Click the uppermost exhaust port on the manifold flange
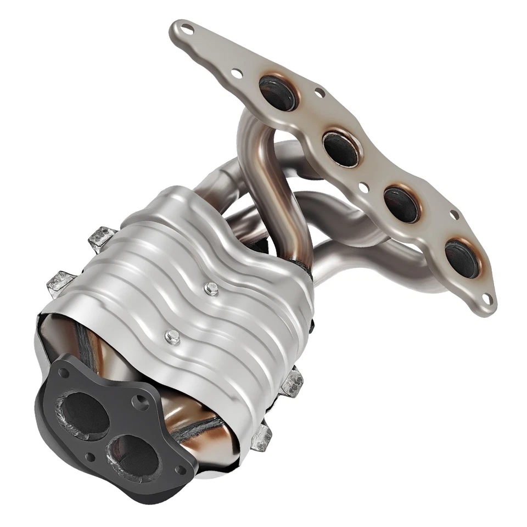[278, 92]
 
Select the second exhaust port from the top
[341, 149]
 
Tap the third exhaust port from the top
[401, 204]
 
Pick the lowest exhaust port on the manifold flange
[461, 258]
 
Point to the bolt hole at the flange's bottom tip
[486, 299]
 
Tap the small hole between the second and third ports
[363, 188]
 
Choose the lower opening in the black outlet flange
[133, 452]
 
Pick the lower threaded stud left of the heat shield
[60, 281]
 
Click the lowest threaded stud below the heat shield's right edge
[262, 436]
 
